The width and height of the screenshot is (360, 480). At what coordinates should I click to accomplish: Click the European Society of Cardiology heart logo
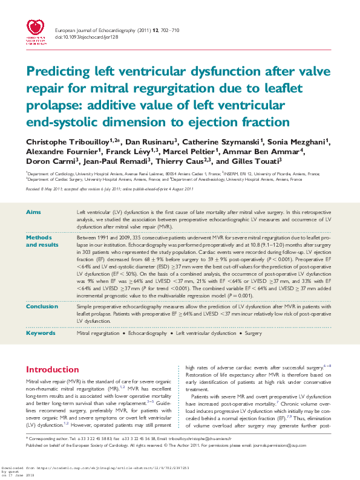click(37, 28)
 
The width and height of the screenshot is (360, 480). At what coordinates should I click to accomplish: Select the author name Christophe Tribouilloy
click(62, 141)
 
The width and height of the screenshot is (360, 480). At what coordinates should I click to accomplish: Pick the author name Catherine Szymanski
click(224, 141)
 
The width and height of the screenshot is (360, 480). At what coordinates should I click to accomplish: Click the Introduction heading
click(53, 369)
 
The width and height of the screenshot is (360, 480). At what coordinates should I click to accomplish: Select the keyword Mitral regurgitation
click(97, 333)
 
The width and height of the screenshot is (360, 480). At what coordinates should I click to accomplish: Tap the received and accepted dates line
click(109, 189)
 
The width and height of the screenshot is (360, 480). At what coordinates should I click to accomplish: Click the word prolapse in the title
click(52, 105)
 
